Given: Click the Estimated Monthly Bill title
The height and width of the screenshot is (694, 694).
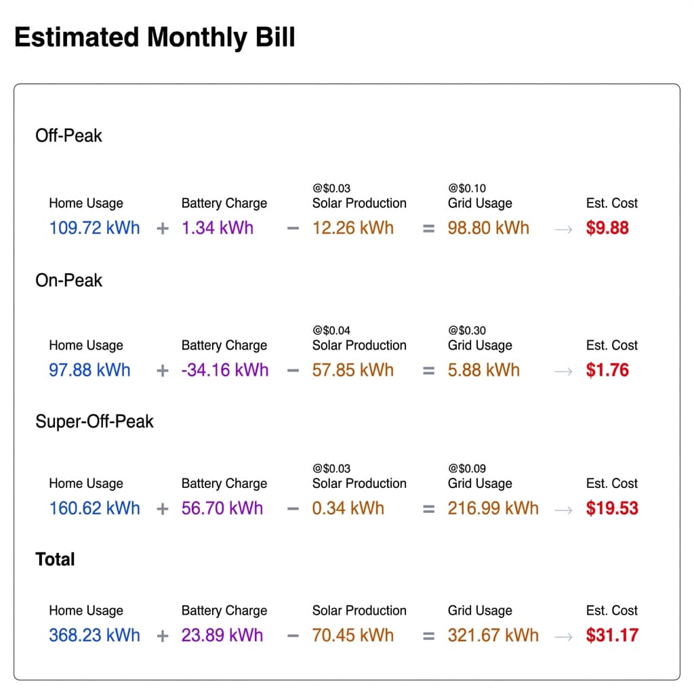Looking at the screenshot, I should coord(155,37).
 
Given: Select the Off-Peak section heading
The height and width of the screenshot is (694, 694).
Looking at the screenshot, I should coord(68,136).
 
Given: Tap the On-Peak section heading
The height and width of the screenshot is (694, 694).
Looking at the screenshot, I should coord(68,281).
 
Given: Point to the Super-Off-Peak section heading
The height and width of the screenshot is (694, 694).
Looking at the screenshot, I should coord(94,422).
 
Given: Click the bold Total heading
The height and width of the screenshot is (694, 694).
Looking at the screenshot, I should coord(55,559).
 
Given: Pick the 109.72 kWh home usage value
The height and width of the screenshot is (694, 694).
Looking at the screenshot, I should coord(94,228).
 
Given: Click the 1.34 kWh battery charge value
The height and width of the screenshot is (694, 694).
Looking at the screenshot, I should coord(217,228).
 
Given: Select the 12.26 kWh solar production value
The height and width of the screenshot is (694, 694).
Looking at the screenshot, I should coord(352,228).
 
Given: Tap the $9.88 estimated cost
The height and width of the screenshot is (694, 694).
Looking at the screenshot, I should coord(607,228).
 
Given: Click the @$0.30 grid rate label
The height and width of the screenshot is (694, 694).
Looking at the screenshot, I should coord(467,331).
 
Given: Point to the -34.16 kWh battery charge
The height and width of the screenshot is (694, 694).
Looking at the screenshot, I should coord(224,370).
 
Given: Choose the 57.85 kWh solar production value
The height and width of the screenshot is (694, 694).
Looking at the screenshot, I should coord(352,370).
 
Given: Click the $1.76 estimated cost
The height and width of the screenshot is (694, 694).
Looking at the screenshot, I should coord(607,370).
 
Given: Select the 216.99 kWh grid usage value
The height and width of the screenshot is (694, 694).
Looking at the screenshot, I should coord(493,508).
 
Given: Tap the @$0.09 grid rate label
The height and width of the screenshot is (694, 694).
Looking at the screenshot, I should coord(467,468).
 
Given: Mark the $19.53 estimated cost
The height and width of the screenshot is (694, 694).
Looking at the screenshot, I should coord(612,508).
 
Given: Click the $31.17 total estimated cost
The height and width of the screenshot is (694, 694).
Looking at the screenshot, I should coord(612,636).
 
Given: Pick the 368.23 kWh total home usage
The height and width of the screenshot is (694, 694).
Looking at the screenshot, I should coord(94,636).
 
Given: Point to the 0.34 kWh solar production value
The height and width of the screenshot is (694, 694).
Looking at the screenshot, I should coord(348,508).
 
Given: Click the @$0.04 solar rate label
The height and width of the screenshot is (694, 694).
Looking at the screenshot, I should coord(331,331).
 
